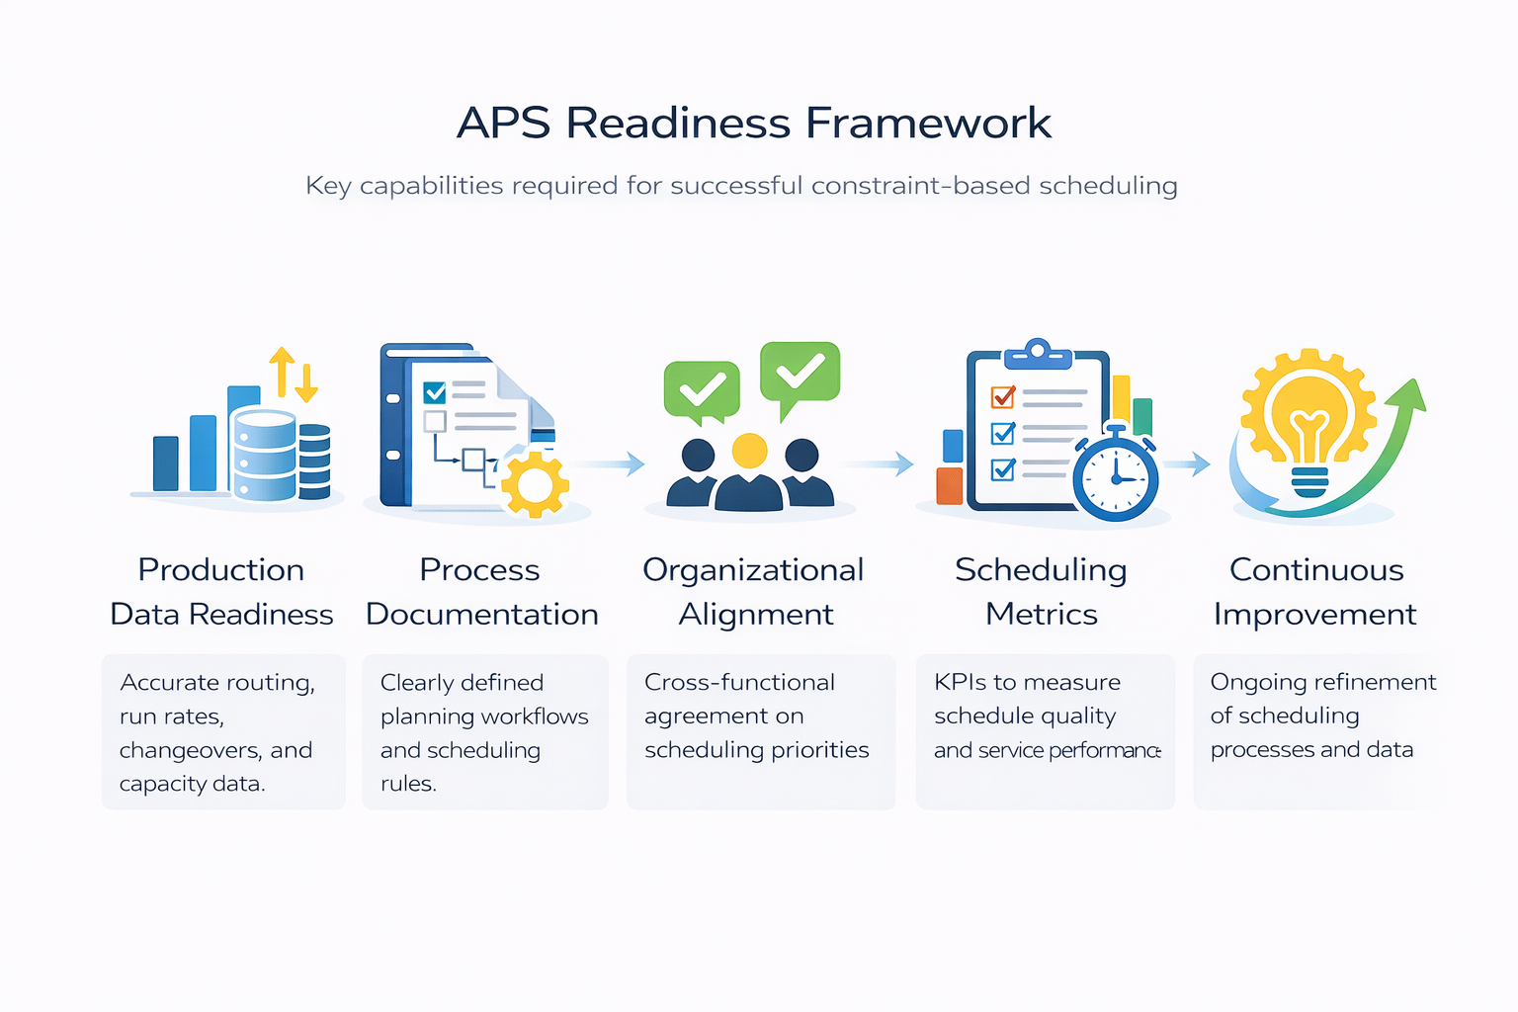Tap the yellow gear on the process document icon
point(535,483)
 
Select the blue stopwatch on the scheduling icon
point(1116,476)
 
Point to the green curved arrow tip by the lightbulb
point(1411,394)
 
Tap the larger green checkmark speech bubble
point(800,374)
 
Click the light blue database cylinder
point(264,455)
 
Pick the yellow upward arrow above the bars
point(283,370)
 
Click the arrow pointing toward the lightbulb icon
point(1188,464)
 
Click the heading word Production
point(221,570)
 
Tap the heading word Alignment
point(756,615)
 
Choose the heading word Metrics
point(1042,615)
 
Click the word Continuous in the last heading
point(1316,570)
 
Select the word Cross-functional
point(739,682)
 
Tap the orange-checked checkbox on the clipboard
point(1002,397)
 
